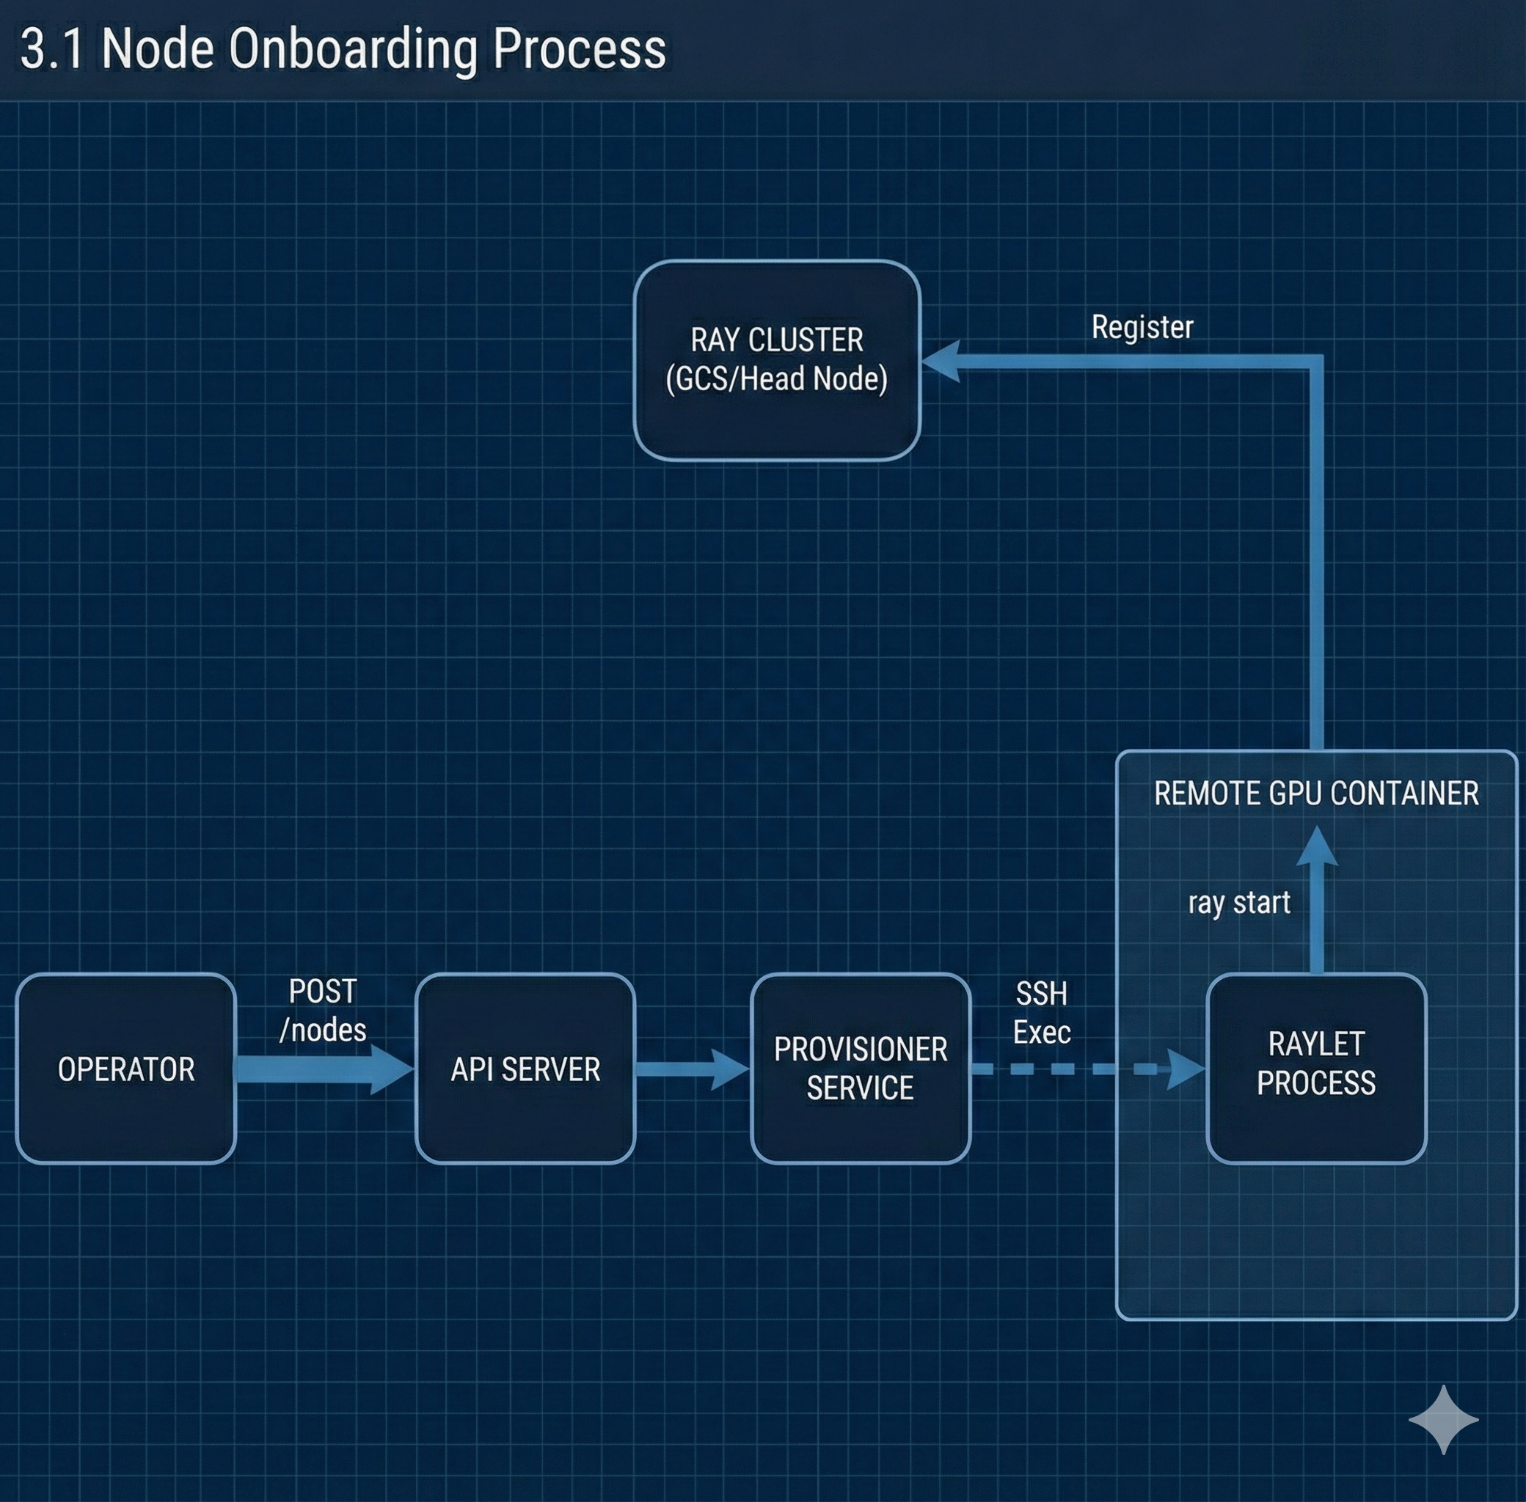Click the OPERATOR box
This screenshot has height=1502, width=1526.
pos(126,1069)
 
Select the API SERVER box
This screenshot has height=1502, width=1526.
pos(525,1069)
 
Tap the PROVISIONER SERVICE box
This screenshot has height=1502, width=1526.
pos(861,1069)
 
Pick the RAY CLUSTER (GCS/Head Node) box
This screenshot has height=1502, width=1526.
pos(777,359)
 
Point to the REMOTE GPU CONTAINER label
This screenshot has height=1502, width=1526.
pos(1316,794)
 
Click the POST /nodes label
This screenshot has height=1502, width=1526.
pos(323,1011)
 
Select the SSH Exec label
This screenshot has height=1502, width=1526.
pos(1042,1013)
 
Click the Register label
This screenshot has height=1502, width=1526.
pos(1142,327)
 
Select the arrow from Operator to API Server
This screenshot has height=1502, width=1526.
pos(324,1070)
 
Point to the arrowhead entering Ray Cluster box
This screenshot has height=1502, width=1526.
pos(941,362)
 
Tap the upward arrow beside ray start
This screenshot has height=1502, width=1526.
pos(1317,899)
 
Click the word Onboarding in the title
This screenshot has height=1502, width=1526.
pos(354,50)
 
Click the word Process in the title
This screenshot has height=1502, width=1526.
pos(579,50)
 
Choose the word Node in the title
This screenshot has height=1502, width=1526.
pos(158,50)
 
